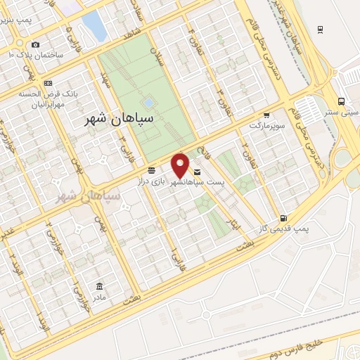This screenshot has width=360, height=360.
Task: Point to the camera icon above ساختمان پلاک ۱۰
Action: point(35,45)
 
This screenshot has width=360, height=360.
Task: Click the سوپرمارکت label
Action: point(266,124)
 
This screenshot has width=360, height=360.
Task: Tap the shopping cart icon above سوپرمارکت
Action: point(266,115)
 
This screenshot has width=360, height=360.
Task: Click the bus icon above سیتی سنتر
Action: point(341,101)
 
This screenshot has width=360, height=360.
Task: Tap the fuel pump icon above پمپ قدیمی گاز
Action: point(283,218)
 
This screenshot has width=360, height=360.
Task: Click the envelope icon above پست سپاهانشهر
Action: point(196,172)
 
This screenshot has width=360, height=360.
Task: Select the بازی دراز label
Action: point(168,181)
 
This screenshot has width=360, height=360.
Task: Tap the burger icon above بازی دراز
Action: point(152,171)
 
